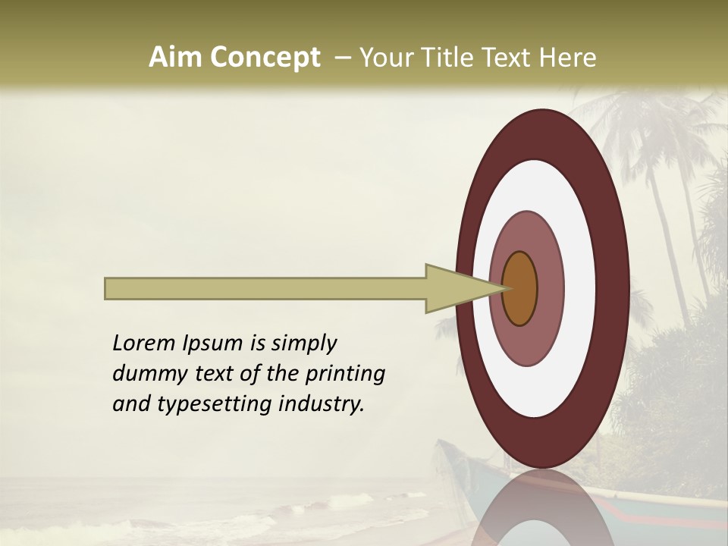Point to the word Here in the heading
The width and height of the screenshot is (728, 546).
pos(569,58)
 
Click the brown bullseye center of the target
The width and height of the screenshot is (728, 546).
pos(520,288)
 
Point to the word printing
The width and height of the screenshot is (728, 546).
pos(345,374)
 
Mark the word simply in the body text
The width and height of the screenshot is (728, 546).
pos(303,344)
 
